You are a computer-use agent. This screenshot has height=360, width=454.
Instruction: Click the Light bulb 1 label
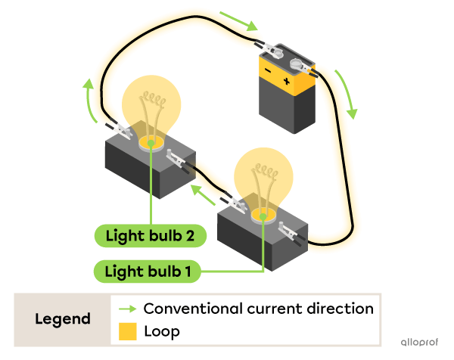(x=148, y=271)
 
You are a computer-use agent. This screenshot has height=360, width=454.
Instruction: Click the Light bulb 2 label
(x=149, y=236)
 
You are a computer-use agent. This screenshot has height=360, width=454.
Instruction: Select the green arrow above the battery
(x=240, y=22)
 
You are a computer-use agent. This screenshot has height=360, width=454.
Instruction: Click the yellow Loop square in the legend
(x=128, y=331)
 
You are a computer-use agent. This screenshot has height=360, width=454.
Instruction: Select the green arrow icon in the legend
(x=128, y=309)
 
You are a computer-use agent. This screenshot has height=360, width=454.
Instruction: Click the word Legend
(x=62, y=319)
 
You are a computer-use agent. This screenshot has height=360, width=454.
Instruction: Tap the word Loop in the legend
(x=161, y=331)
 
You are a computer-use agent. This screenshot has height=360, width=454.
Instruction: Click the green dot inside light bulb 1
(x=263, y=216)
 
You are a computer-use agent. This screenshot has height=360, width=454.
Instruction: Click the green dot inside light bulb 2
(x=152, y=141)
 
